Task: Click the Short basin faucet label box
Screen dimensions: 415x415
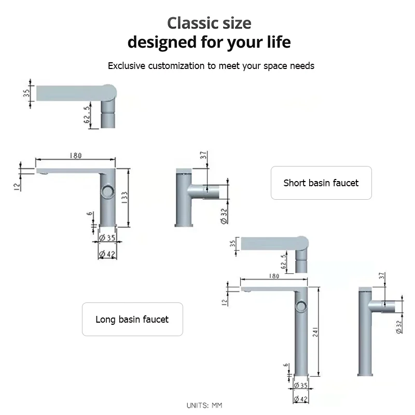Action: tap(321, 183)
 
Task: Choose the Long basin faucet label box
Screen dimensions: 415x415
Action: tap(132, 319)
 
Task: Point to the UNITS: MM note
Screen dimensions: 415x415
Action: tap(204, 405)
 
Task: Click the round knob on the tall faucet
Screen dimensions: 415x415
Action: tap(301, 306)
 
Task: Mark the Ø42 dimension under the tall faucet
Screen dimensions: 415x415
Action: tap(300, 399)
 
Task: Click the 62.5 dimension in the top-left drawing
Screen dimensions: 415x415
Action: tap(88, 115)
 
